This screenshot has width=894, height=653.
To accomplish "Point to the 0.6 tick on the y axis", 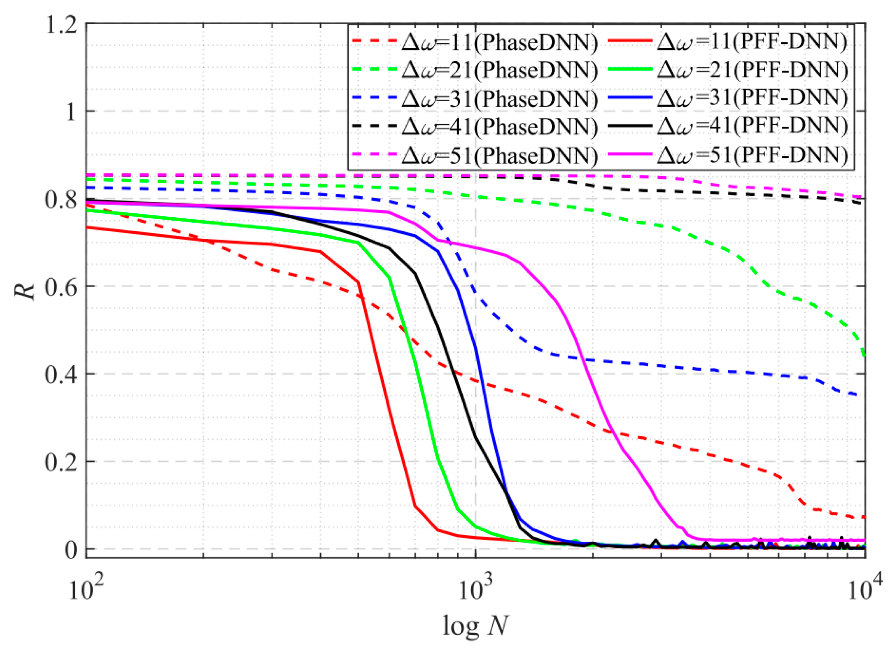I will click(x=60, y=287).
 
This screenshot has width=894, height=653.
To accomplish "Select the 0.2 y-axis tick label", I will click(x=60, y=462).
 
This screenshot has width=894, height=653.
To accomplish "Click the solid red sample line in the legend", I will click(x=630, y=41).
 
